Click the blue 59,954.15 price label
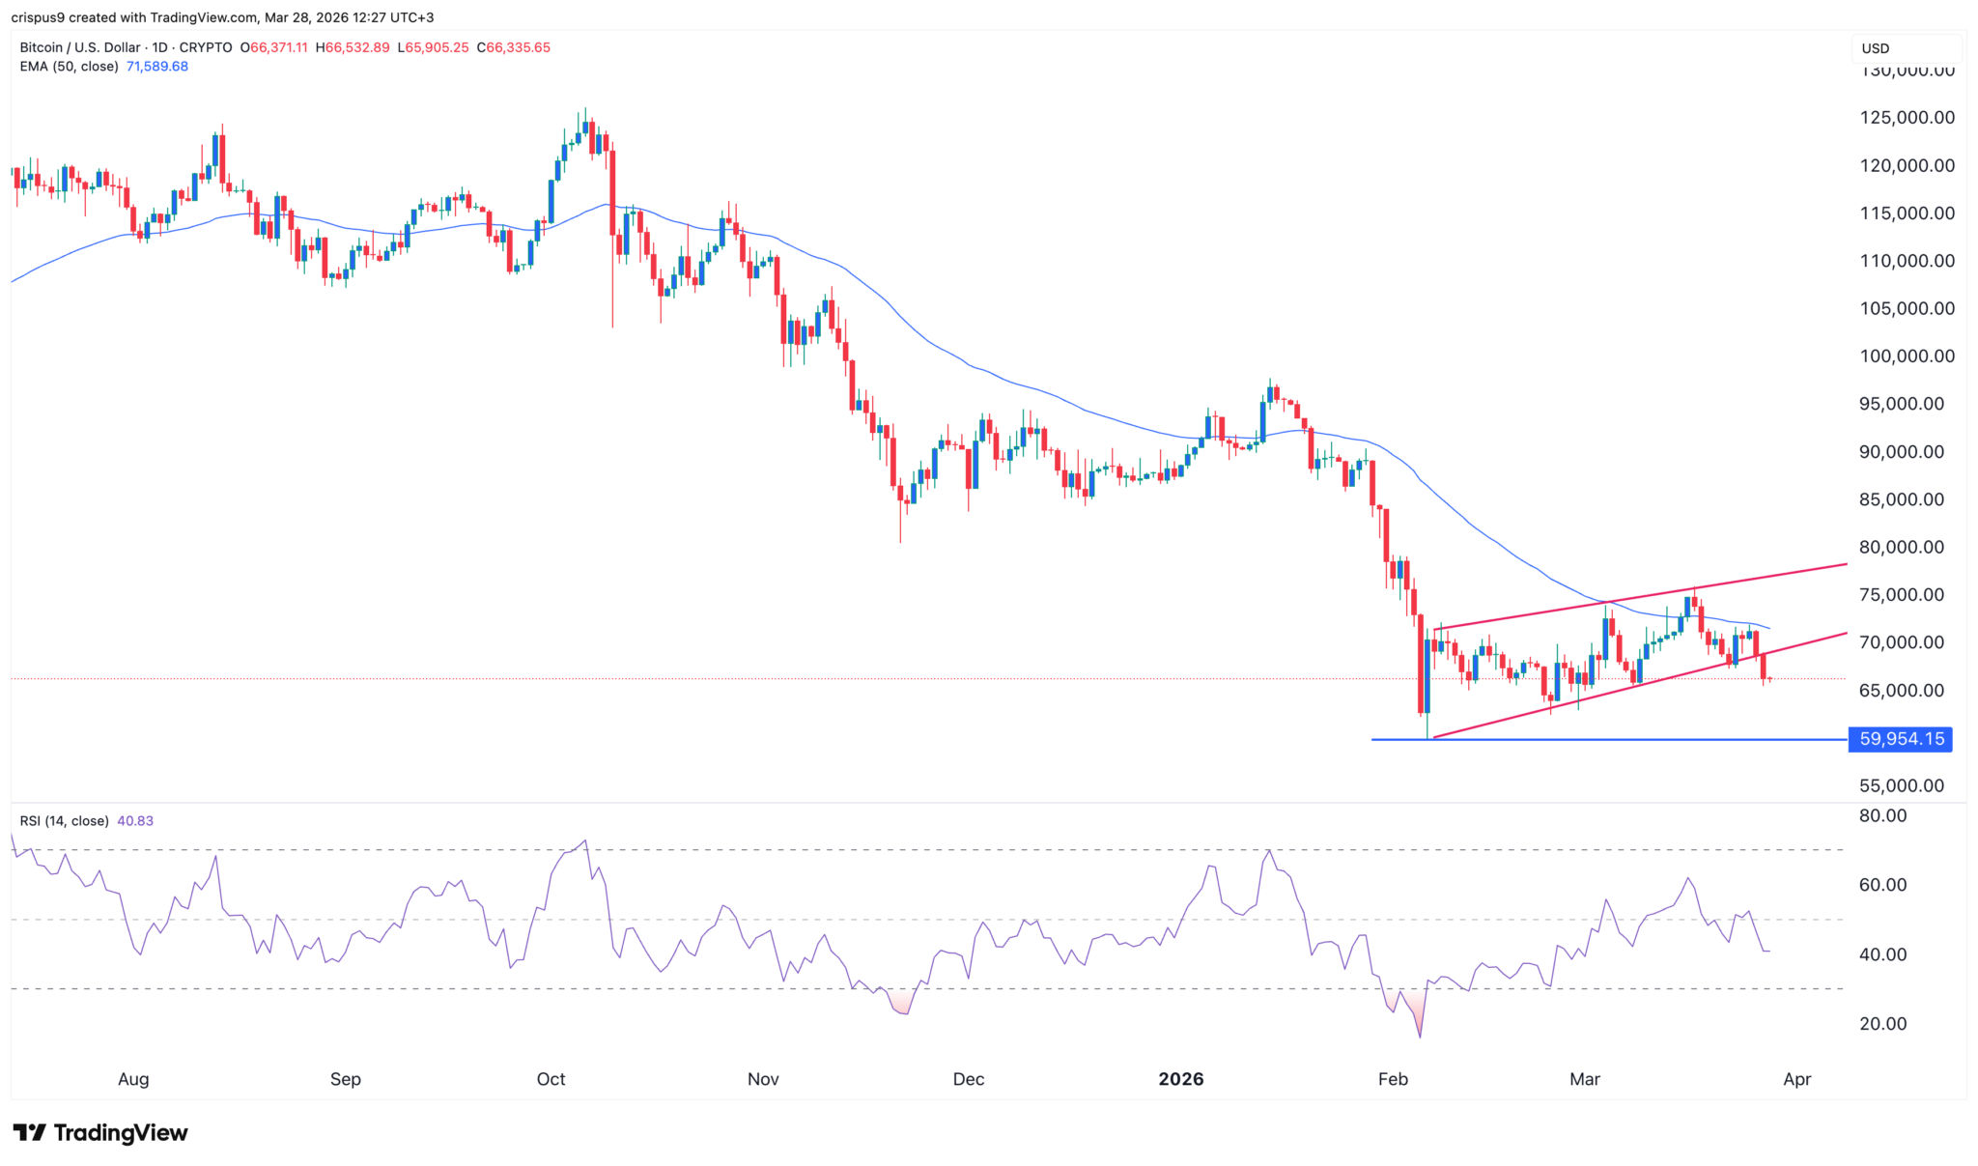coord(1900,739)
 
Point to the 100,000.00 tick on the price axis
coord(1907,356)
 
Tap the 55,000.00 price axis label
coord(1901,786)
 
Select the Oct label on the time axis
coord(551,1079)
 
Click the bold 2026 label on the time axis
coord(1180,1079)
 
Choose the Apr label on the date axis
coord(1796,1079)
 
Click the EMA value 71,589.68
coord(157,67)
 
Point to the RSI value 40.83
coord(135,821)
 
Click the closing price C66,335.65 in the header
coord(513,47)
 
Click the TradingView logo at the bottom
coord(100,1132)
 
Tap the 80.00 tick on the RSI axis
coord(1883,816)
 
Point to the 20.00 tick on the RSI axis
coord(1883,1024)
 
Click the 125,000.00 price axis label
coord(1907,118)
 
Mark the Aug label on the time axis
coord(133,1079)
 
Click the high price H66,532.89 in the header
coord(353,47)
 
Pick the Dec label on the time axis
coord(968,1079)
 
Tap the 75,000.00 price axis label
coord(1901,595)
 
